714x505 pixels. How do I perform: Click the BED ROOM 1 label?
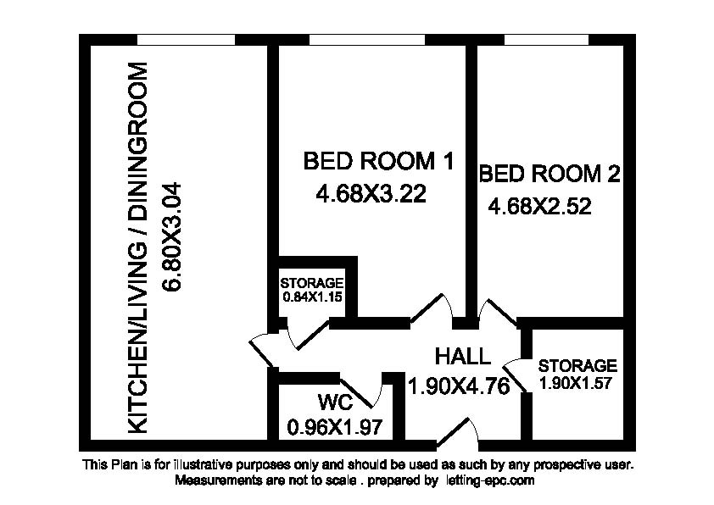pos(378,162)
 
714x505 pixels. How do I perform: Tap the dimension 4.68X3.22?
pos(371,195)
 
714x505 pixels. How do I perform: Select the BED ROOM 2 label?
pos(549,174)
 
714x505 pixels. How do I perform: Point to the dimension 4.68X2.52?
pos(539,207)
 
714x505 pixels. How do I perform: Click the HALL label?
pos(463,356)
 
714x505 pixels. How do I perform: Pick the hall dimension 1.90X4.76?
pos(459,386)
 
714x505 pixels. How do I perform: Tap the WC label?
pos(336,402)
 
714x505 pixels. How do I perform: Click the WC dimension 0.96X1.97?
pos(335,427)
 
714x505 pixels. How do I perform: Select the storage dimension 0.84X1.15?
pos(312,297)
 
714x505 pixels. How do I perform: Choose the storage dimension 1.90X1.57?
pos(575,383)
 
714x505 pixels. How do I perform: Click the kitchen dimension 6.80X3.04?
pos(172,236)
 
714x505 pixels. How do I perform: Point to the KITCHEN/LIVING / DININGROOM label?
pos(137,248)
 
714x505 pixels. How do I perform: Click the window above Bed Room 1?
pos(367,40)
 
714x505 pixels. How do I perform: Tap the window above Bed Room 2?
pos(546,40)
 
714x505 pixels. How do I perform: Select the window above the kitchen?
pos(186,40)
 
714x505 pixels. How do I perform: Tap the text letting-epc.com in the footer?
pos(488,480)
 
